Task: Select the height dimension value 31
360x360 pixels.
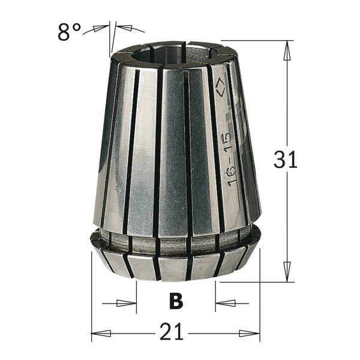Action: [x=286, y=161]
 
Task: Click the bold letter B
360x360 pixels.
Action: [x=176, y=302]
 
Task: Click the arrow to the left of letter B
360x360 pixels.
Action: [x=126, y=303]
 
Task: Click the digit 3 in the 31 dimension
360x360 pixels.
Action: [x=280, y=161]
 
